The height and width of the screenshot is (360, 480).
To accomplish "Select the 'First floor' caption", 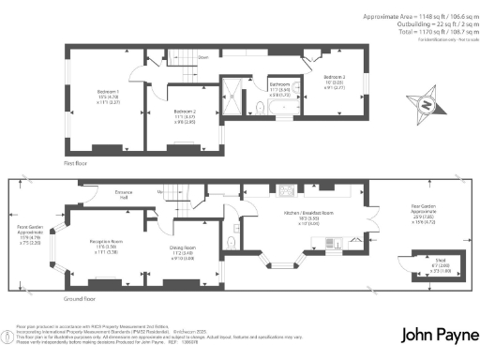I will pyautogui.click(x=76, y=161).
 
